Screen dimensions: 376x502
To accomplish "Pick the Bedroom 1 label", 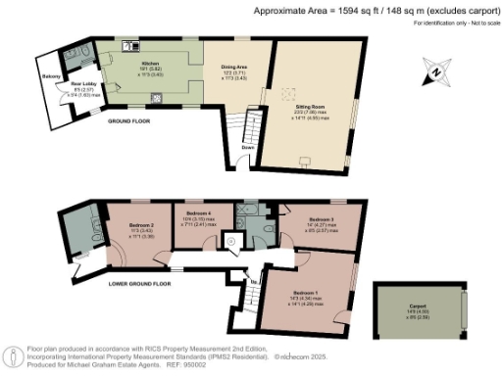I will (303, 293).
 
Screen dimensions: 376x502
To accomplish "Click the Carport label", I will (419, 306).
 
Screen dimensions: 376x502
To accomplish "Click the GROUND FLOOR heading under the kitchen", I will (128, 122).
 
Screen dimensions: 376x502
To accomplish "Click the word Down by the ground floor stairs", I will (249, 148).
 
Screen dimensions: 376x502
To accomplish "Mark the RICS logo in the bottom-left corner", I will (13, 356).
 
